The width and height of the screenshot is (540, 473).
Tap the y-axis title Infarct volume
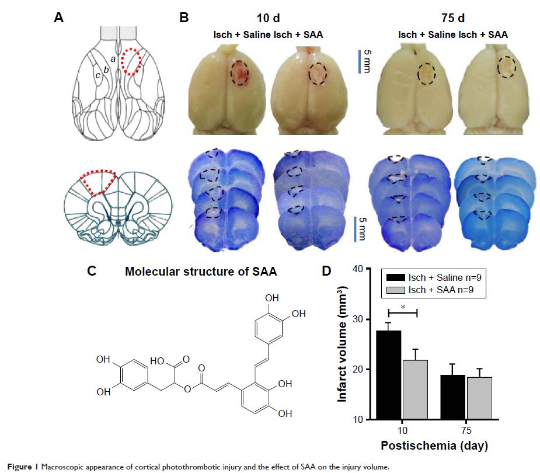[345, 345]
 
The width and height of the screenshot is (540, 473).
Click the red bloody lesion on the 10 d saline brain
[238, 74]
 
